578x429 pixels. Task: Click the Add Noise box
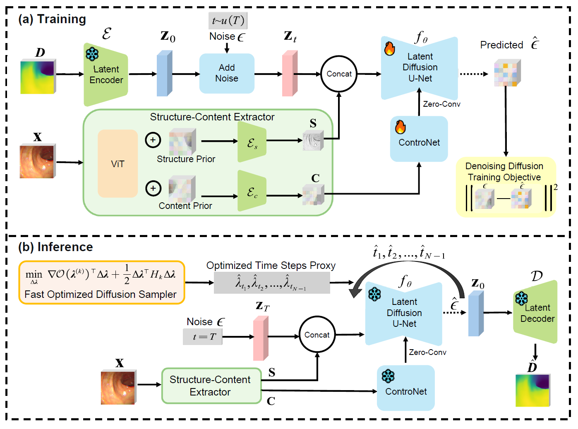(227, 73)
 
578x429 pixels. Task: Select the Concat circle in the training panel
(339, 74)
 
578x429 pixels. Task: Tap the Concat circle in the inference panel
(317, 335)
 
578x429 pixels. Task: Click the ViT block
(118, 164)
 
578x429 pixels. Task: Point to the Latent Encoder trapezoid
(106, 75)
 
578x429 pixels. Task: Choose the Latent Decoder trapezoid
(536, 313)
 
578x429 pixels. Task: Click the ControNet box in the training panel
(419, 139)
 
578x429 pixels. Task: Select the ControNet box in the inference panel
(405, 388)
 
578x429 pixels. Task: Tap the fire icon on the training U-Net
(389, 48)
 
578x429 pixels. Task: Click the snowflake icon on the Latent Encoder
(92, 54)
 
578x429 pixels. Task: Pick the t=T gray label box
(203, 337)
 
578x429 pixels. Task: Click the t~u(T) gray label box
(228, 21)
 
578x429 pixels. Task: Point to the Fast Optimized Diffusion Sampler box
(101, 283)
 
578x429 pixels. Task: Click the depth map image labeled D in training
(38, 77)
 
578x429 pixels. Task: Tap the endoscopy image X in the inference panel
(118, 388)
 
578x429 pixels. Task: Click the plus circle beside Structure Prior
(153, 140)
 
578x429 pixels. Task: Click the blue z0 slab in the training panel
(164, 74)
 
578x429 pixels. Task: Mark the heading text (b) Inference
(55, 247)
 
